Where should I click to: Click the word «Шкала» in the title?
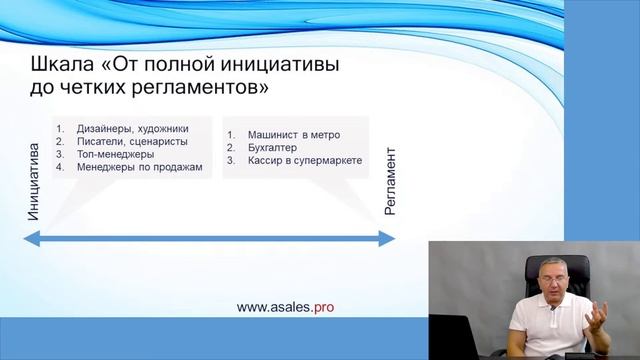tap(62, 66)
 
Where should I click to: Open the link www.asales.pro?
tap(285, 308)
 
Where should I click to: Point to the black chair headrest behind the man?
tap(585, 265)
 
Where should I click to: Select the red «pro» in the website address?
tap(323, 308)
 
